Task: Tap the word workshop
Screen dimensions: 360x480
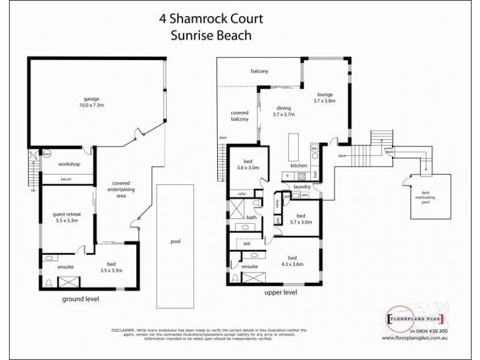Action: [69, 164]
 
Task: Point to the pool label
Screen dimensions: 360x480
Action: [176, 242]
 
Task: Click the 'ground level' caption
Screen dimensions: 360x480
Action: [80, 299]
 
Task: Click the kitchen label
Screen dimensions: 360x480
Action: [299, 165]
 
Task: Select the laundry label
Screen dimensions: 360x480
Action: [301, 187]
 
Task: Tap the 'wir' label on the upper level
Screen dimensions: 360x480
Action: [247, 244]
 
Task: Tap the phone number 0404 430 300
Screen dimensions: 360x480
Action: [431, 331]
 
